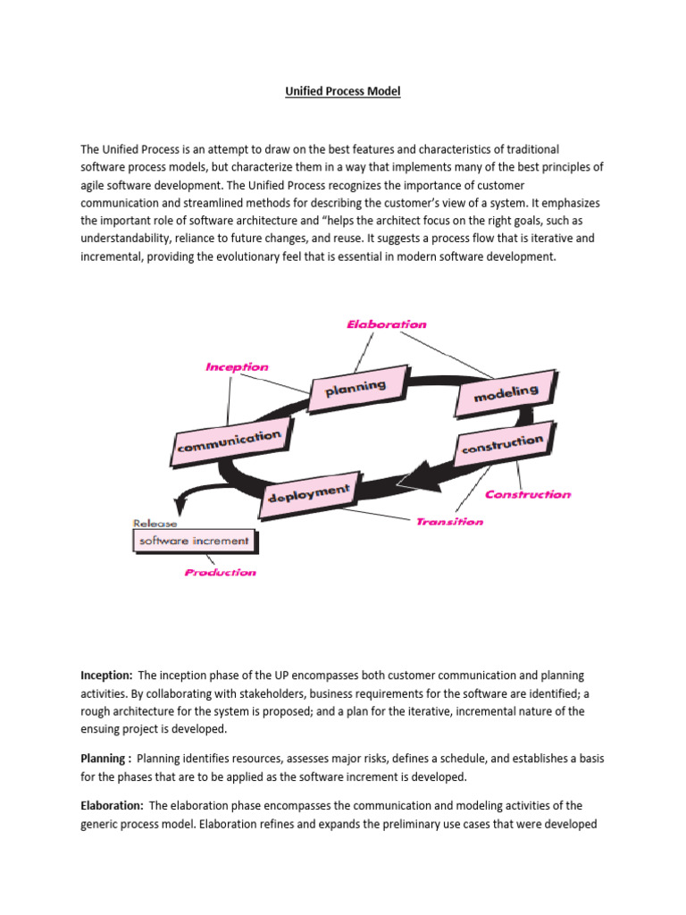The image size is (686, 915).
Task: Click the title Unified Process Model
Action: point(343,92)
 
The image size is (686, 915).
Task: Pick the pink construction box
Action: point(501,444)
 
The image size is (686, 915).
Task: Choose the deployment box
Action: point(308,491)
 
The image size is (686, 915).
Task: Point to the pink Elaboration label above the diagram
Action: point(386,324)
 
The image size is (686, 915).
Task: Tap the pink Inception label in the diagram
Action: point(237,366)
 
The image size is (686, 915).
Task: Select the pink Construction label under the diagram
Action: point(527,494)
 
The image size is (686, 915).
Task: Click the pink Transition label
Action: point(449,521)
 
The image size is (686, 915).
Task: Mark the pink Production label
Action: point(220,572)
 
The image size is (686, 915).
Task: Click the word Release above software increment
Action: point(155,524)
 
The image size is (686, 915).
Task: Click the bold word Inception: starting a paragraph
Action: point(106,676)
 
